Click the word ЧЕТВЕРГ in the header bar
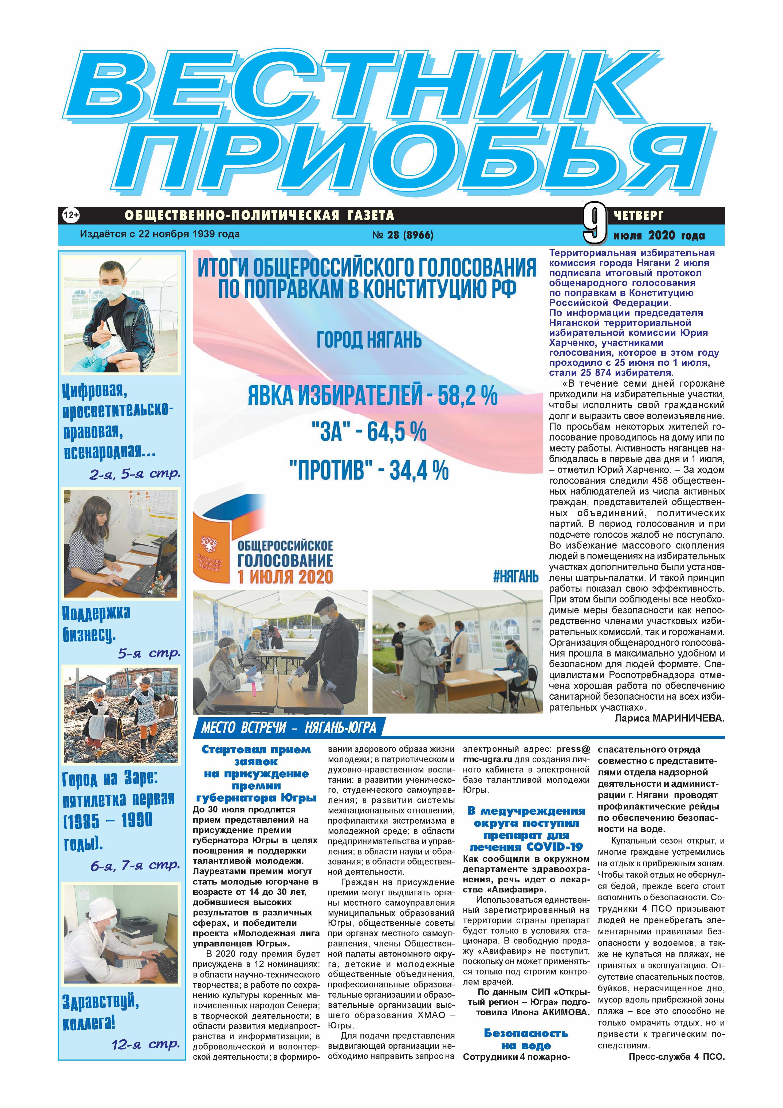(639, 214)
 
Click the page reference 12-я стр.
(146, 1045)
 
